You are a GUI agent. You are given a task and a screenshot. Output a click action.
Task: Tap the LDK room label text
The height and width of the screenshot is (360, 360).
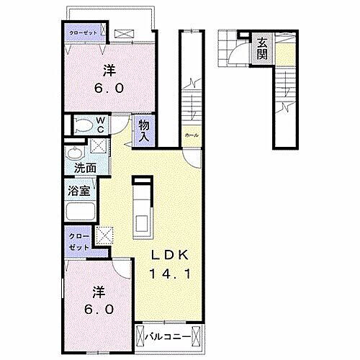(x=169, y=256)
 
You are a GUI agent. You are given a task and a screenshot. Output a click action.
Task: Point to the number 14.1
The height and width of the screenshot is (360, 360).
(x=169, y=274)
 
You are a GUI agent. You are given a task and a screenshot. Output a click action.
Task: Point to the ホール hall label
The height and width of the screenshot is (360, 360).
(x=192, y=135)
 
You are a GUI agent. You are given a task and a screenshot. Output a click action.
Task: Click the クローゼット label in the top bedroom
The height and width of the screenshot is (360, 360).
(x=81, y=33)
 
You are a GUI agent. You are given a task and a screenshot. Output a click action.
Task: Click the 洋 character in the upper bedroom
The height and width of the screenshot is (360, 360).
(x=108, y=71)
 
